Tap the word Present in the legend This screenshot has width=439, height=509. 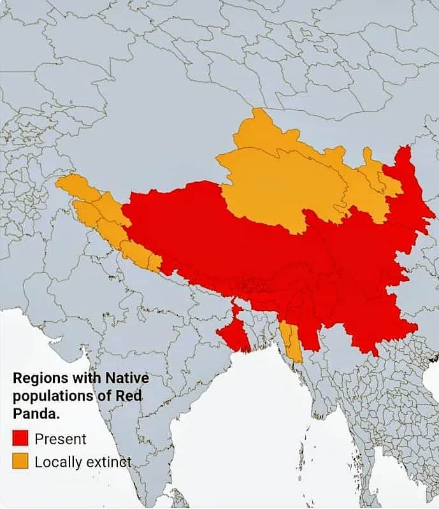(x=61, y=439)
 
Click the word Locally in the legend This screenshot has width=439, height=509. (x=57, y=462)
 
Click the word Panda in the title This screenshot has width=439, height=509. (x=34, y=413)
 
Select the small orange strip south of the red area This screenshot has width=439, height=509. (x=291, y=341)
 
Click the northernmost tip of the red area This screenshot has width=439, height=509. (x=403, y=149)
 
